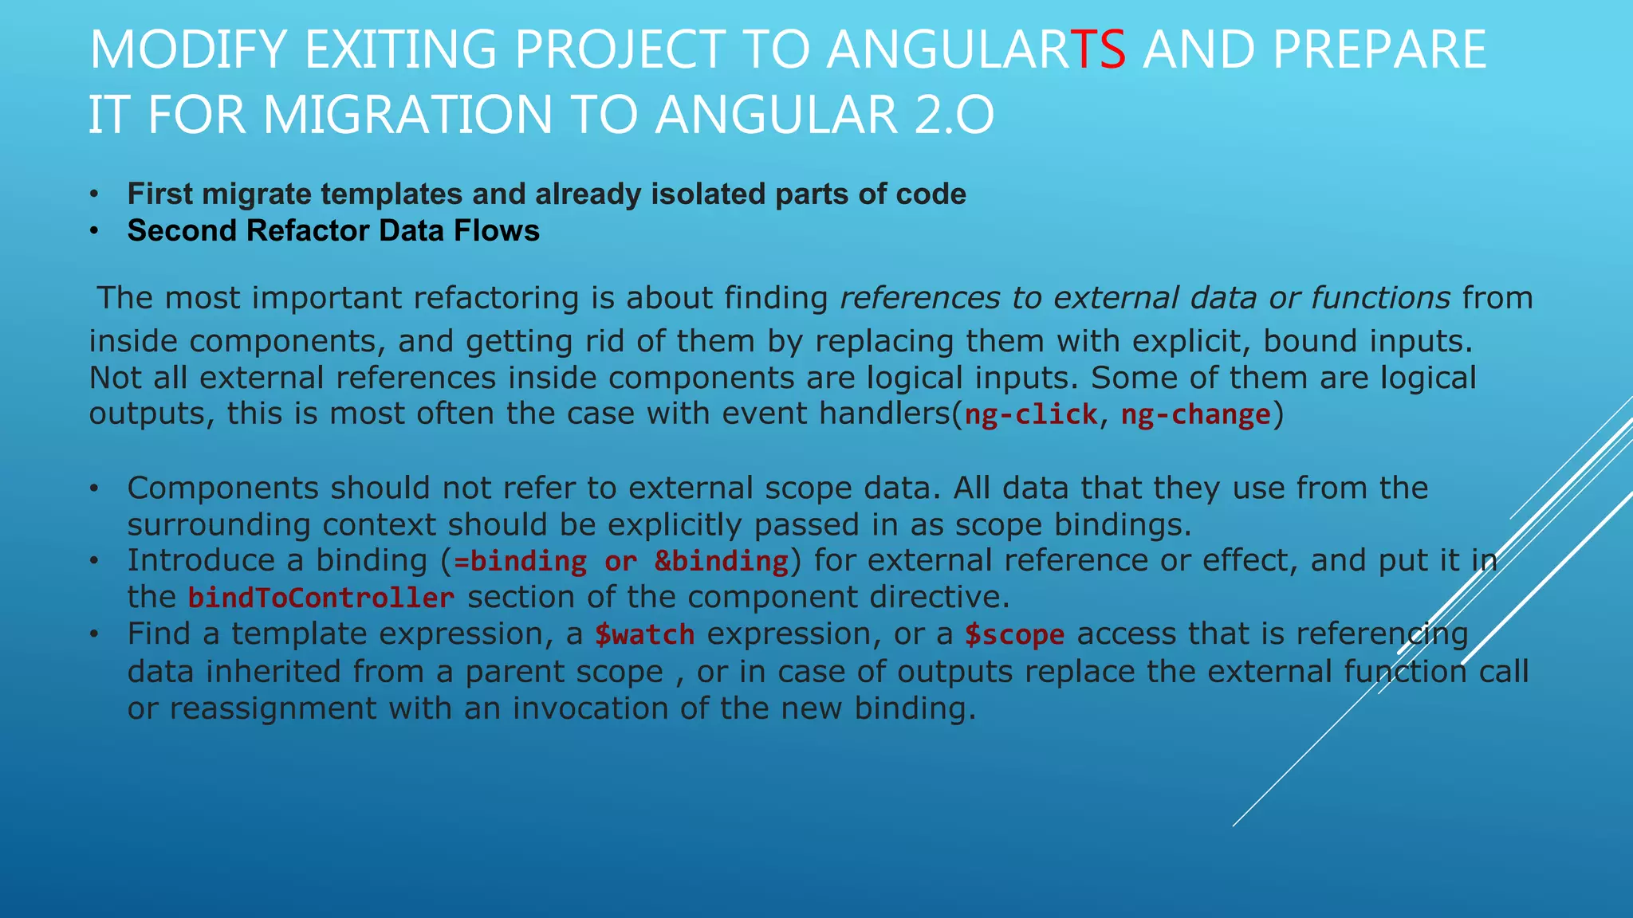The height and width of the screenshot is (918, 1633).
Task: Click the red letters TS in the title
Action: [x=1098, y=49]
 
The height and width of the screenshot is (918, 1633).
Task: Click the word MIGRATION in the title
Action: [x=407, y=115]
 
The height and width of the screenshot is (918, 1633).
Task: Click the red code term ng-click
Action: [x=1030, y=414]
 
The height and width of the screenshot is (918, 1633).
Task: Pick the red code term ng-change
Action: [x=1195, y=414]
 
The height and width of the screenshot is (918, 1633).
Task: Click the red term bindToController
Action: [x=321, y=598]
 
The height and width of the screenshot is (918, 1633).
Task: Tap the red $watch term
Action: [x=644, y=634]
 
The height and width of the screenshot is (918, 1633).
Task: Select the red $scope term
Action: [x=1014, y=634]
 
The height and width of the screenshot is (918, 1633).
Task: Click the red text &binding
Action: [x=721, y=561]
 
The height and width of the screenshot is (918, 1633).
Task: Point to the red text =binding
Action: [x=520, y=561]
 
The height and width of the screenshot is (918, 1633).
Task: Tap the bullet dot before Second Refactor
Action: [x=94, y=231]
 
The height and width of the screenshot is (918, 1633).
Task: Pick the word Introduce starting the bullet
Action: [x=201, y=560]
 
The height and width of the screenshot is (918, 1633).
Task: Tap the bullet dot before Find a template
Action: [x=94, y=634]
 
